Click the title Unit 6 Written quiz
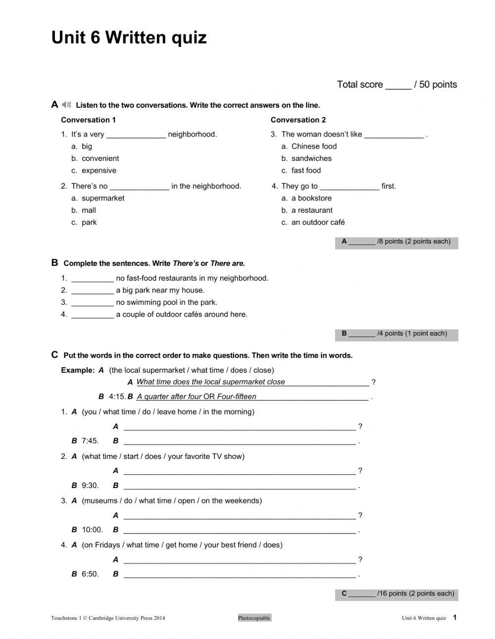(x=129, y=38)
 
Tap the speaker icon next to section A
(x=66, y=104)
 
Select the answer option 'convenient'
(x=100, y=158)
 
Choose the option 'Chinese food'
(x=314, y=147)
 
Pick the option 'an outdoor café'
(x=318, y=222)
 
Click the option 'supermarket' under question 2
(x=103, y=198)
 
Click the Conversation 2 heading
(x=298, y=120)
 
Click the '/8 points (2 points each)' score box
(x=396, y=242)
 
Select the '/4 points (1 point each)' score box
(x=396, y=334)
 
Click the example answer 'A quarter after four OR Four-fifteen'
(x=197, y=396)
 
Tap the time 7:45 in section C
(x=90, y=441)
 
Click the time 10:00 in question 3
(x=92, y=530)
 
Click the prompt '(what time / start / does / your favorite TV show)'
(x=163, y=456)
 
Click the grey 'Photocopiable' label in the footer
(x=254, y=618)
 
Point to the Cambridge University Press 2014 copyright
(x=108, y=618)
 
